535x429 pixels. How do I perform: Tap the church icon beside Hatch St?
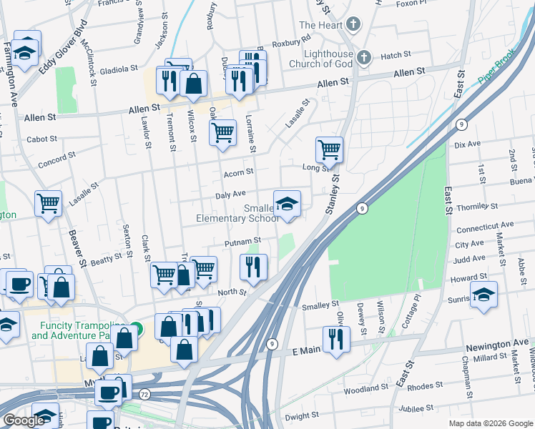(363, 56)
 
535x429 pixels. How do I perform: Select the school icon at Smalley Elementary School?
(287, 204)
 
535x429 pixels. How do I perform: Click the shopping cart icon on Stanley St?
(329, 150)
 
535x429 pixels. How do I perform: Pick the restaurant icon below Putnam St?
(253, 267)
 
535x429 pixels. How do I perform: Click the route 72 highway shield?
(144, 394)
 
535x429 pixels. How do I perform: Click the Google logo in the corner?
(24, 420)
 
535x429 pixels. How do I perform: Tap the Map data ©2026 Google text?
(489, 423)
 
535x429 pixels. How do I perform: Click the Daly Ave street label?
(230, 194)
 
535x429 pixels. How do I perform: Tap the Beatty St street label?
(107, 261)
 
